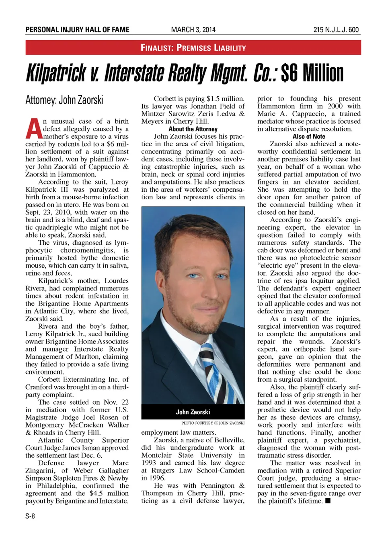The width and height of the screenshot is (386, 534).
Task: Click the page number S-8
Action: point(30,516)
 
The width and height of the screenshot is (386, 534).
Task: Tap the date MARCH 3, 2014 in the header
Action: point(193,30)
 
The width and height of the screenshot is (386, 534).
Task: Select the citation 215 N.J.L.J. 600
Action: point(336,30)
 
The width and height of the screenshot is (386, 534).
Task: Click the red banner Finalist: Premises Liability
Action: point(193,48)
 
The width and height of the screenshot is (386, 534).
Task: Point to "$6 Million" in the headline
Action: point(312,73)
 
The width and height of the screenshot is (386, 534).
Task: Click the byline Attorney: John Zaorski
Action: point(64,100)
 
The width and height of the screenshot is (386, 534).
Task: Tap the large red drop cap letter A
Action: point(33,129)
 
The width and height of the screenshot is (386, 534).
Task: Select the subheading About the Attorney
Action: point(193,129)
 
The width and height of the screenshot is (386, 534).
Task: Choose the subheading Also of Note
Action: point(309,137)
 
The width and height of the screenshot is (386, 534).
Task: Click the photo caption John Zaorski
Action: point(193,412)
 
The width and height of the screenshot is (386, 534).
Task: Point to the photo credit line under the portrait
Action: point(213,423)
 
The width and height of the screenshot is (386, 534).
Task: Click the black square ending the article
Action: point(328,501)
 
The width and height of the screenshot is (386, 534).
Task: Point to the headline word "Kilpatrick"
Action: point(56,73)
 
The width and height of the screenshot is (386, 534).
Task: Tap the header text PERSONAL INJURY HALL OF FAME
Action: point(77,30)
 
